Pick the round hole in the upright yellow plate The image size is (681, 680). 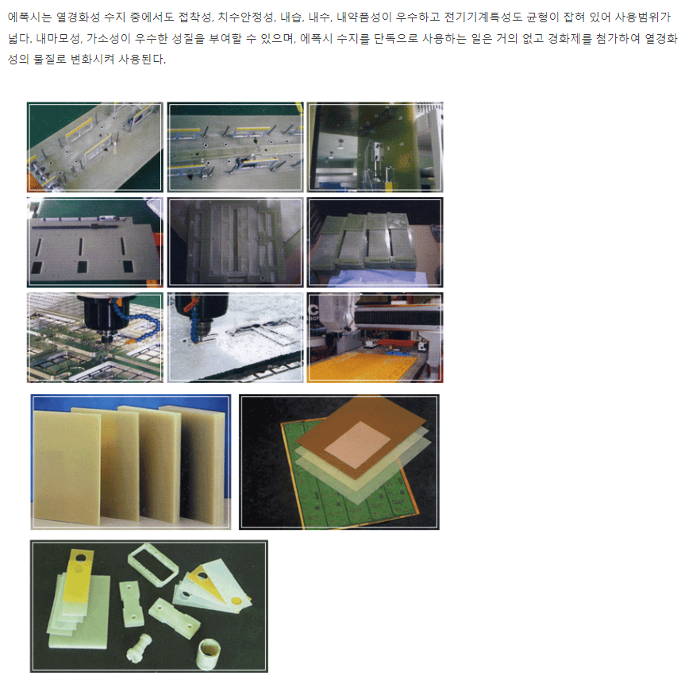(81, 558)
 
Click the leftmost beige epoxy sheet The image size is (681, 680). (67, 468)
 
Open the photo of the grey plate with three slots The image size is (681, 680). (95, 242)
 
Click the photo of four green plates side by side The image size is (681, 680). (375, 242)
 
